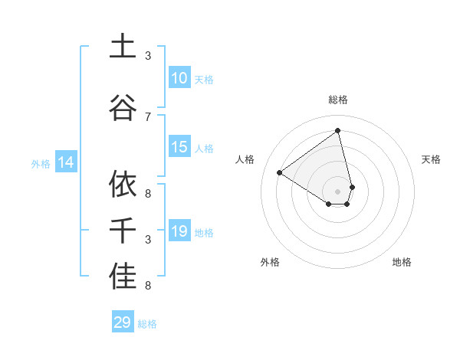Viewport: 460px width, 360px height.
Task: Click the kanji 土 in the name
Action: pos(123,47)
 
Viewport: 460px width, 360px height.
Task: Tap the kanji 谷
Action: pos(123,106)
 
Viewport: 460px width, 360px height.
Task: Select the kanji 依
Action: pos(123,184)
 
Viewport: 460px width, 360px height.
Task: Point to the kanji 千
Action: pos(123,231)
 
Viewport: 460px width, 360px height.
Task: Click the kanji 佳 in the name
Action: pos(123,277)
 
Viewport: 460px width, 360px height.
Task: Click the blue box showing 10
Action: pos(179,78)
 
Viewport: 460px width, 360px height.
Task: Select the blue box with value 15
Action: pos(179,148)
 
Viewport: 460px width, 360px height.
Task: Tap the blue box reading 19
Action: pos(179,231)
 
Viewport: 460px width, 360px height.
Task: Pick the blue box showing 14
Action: pos(66,162)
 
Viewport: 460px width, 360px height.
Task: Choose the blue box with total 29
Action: pos(123,322)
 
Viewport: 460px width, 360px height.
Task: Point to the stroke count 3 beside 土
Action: pos(148,56)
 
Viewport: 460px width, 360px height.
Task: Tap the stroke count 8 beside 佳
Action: pos(148,286)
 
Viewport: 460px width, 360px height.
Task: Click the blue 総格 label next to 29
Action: pos(147,324)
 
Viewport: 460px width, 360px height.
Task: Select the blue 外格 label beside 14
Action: pos(41,163)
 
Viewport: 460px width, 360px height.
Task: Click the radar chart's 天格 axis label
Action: pos(431,159)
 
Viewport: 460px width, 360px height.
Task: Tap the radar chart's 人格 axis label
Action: pos(245,159)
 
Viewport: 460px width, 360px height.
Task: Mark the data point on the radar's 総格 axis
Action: pos(337,130)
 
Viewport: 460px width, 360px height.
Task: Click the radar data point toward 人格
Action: pos(280,172)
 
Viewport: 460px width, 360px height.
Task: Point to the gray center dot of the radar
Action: pos(337,191)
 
